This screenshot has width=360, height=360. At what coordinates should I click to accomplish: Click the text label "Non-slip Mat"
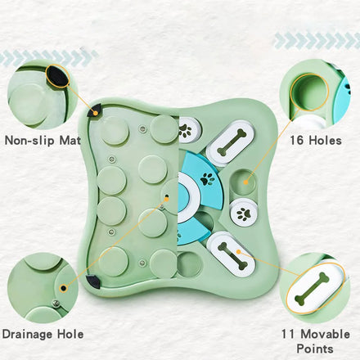pos(43,141)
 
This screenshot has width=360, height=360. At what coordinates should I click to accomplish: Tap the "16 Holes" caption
pos(316,141)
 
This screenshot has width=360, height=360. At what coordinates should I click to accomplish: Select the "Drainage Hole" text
pos(43,335)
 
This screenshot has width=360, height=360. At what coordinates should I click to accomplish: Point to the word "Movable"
pos(326,334)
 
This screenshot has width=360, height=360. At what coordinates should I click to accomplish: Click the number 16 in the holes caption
pos(297,141)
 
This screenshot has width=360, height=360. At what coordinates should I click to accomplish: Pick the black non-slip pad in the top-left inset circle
pos(57,76)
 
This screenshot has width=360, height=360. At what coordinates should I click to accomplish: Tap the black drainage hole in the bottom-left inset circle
pos(63,288)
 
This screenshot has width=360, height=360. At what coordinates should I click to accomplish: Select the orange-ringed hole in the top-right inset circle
pos(309,92)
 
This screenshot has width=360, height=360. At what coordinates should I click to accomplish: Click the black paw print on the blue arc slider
pos(207,178)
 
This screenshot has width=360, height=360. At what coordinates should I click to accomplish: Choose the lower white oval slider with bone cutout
pos(232,254)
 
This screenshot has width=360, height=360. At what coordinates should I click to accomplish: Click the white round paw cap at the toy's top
pos(189,130)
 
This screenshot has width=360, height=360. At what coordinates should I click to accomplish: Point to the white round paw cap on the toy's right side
pos(244,213)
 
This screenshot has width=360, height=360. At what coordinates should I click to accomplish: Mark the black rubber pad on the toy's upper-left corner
pos(94,111)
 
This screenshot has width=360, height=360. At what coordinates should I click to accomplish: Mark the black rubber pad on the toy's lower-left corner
pos(93,281)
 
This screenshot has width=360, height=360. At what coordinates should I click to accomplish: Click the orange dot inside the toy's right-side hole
pos(245,182)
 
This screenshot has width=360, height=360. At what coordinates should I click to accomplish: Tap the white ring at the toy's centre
pos(191,196)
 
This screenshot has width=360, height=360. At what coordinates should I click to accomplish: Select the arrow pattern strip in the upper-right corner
pos(317,41)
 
